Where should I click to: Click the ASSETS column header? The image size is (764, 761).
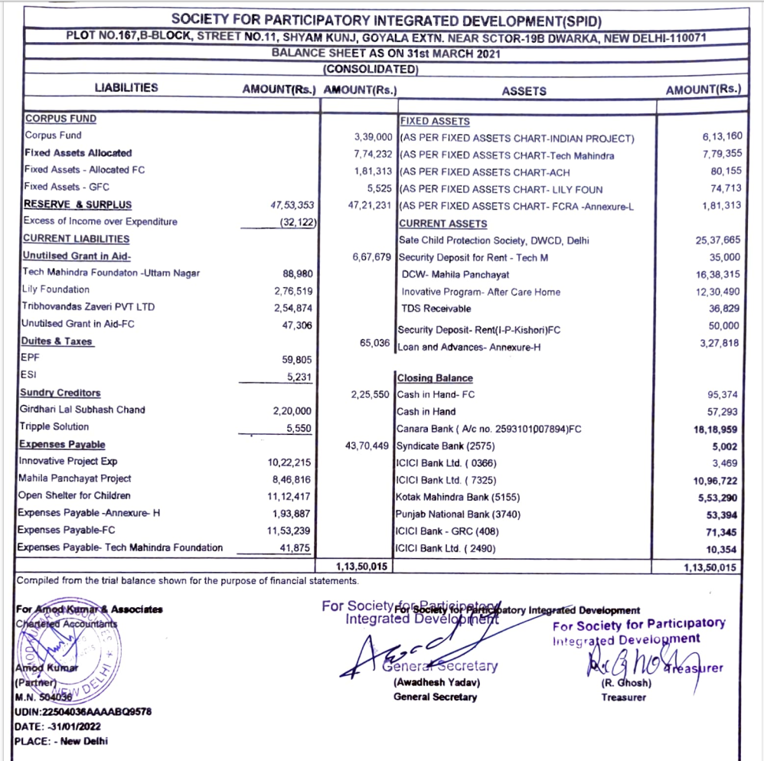coord(524,90)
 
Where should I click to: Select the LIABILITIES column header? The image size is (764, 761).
coord(126,87)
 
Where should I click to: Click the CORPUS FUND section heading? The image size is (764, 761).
coord(60,119)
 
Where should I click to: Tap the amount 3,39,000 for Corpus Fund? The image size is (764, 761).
coord(373,136)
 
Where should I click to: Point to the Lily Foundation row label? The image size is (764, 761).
coord(56,289)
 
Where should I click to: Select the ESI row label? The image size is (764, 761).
coord(28,375)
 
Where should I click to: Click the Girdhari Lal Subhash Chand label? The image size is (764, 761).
coord(83,410)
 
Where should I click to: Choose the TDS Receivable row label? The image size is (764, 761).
coord(436,309)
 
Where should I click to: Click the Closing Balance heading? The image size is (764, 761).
coord(434,378)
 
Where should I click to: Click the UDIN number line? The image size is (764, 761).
coord(83,711)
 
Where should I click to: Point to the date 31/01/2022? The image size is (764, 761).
coord(74,726)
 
